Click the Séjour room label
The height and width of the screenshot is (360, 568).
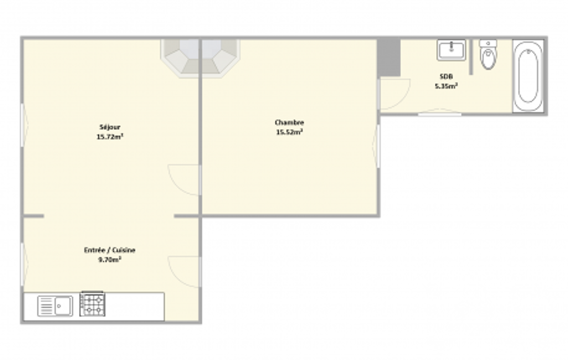coord(110,127)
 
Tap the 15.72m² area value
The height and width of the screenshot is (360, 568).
coord(110,137)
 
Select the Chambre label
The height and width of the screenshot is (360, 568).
coord(289,122)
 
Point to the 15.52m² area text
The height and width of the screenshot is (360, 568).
coord(289,132)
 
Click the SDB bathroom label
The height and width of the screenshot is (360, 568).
coord(446,76)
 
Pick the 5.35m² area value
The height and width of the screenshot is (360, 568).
coord(446,86)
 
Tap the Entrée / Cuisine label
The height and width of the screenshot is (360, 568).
coord(109,250)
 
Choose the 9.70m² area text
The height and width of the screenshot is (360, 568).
coord(109,259)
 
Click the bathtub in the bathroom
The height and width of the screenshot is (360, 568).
coord(528,76)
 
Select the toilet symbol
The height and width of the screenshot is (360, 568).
coord(488,54)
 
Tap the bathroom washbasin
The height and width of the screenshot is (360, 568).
coord(451,50)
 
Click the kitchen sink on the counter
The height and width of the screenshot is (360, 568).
coord(55,306)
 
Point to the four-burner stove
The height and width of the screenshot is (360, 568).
coord(93,304)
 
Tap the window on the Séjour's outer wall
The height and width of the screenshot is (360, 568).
coord(24,125)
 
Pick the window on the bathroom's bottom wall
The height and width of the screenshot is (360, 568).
coord(439,112)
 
